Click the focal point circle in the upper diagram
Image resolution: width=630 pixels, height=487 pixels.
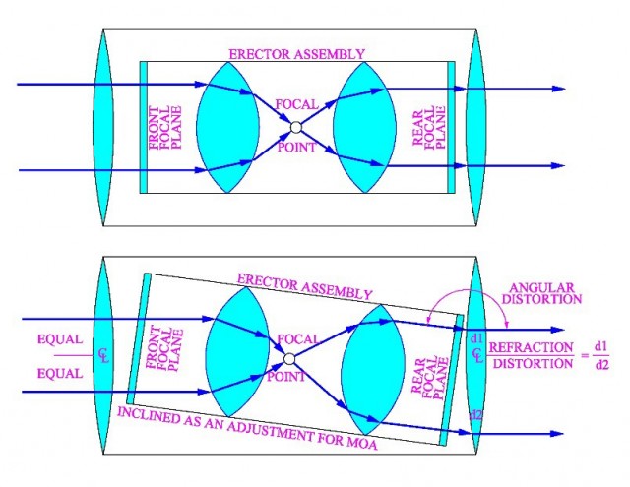294,126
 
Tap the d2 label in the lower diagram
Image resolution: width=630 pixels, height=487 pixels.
477,416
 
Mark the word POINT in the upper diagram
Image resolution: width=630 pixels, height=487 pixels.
295,147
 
